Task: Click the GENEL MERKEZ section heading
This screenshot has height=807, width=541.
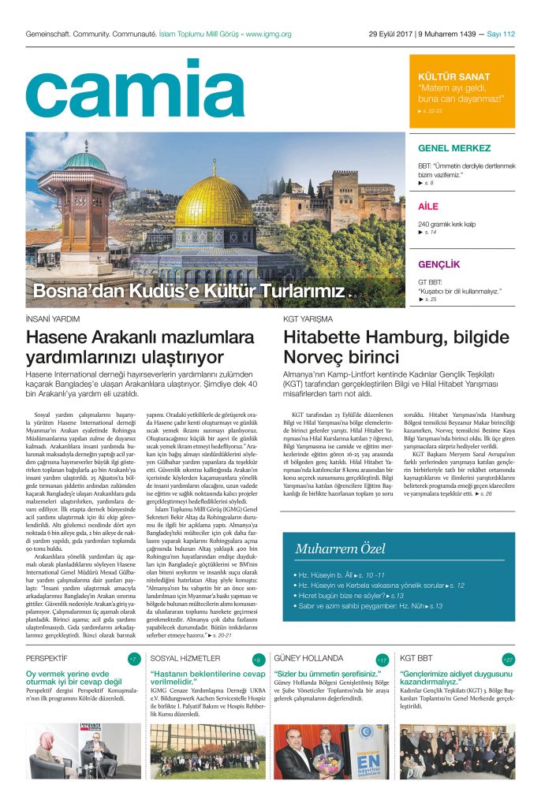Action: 454,147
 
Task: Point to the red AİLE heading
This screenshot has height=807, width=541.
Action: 427,207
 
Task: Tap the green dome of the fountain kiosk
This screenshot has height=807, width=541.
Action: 84,162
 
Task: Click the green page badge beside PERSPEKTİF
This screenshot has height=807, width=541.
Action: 133,659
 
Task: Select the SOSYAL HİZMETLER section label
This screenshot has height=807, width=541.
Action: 185,657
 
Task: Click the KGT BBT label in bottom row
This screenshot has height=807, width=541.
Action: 416,657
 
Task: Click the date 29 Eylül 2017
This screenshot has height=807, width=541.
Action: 391,34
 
